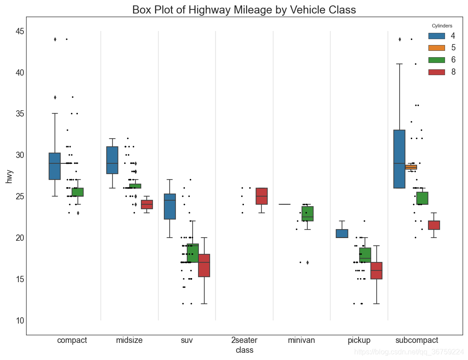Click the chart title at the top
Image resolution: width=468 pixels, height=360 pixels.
[244, 9]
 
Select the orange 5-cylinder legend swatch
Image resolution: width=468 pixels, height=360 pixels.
[436, 48]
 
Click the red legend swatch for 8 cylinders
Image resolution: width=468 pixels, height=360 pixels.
[436, 72]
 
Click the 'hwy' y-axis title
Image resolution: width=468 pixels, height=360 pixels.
[9, 175]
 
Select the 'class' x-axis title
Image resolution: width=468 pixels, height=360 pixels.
[244, 350]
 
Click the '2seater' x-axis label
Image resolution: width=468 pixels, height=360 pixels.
[244, 340]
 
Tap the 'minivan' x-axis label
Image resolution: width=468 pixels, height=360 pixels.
[301, 340]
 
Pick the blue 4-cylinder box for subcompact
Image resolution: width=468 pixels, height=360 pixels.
[399, 159]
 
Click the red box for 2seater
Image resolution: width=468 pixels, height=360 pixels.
[261, 196]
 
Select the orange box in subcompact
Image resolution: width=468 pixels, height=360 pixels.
[411, 167]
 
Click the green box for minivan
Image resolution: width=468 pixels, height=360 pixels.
[307, 214]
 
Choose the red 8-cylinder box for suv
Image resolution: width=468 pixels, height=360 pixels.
[204, 265]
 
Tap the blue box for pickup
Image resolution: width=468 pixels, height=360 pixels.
[342, 234]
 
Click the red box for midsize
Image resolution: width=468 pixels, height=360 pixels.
[147, 205]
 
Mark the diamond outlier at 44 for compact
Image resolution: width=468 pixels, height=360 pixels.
[55, 39]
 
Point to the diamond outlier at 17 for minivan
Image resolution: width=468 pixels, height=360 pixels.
[307, 262]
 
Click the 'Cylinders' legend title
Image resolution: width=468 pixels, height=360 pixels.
[442, 26]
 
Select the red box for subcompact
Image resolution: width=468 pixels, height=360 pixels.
[434, 225]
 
